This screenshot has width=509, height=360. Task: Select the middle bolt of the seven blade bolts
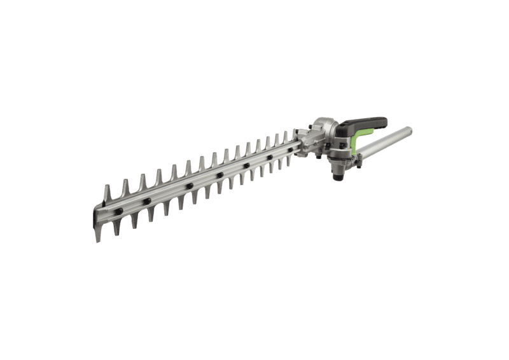[219, 175]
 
